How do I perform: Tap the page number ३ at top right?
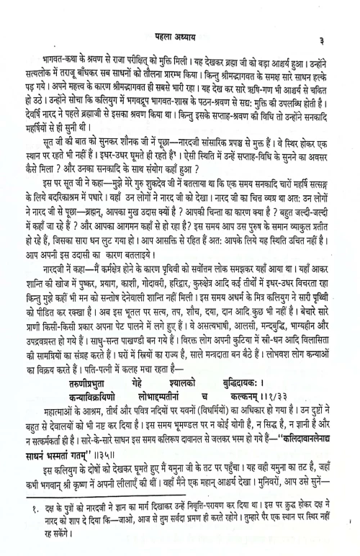coord(330,42)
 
